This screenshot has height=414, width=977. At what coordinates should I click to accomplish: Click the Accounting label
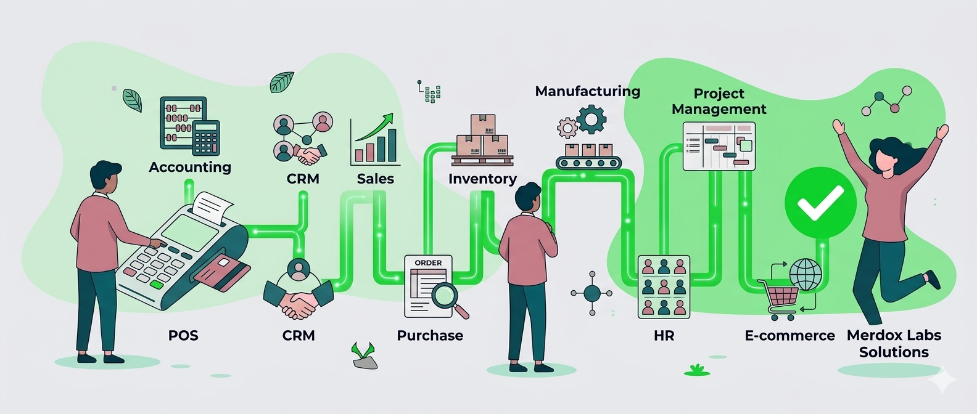[x=190, y=167]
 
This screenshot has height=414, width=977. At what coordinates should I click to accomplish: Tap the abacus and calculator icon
[x=189, y=126]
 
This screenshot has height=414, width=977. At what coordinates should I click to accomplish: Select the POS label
[x=183, y=336]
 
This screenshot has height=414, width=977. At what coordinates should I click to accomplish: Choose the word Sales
[x=375, y=179]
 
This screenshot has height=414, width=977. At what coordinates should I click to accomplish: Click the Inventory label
[x=482, y=179]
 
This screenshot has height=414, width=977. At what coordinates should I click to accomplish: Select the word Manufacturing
[x=587, y=91]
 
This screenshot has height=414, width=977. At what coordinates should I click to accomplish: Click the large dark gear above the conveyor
[x=592, y=119]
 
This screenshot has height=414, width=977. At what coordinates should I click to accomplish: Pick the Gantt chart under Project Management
[x=719, y=147]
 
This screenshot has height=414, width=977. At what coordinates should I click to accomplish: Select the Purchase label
[x=430, y=336]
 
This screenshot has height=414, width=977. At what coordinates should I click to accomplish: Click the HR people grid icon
[x=664, y=286]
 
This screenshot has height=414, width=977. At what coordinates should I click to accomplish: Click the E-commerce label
[x=789, y=336]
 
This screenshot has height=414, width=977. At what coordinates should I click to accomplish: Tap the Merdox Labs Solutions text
[x=894, y=344]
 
